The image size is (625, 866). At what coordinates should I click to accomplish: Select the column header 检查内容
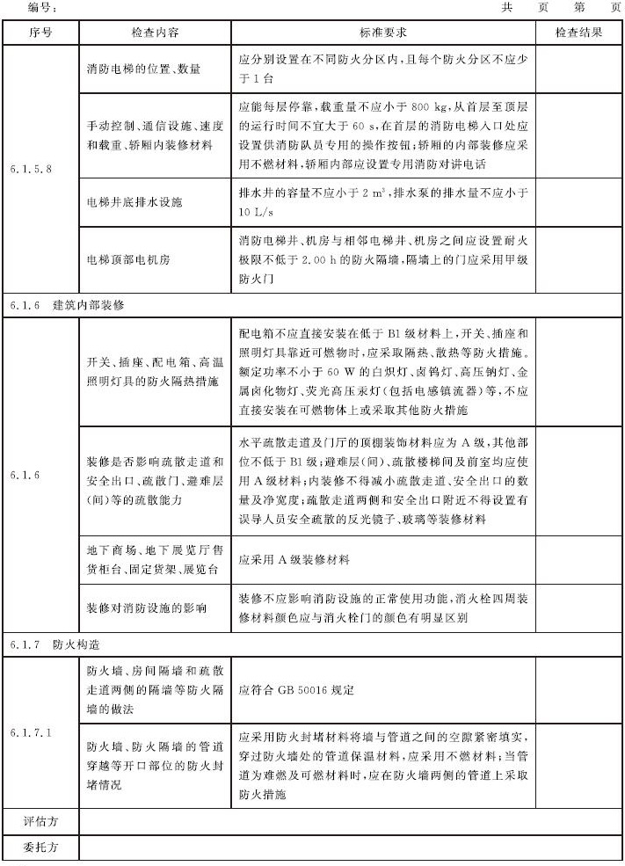tap(155, 33)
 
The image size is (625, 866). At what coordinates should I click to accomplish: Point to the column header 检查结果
tap(578, 33)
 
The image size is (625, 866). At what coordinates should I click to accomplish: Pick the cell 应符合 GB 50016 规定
tap(296, 690)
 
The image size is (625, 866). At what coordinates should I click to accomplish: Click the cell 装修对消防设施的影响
tap(147, 608)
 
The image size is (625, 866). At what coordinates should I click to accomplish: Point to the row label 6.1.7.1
tap(35, 732)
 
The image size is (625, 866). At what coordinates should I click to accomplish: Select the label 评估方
tap(40, 821)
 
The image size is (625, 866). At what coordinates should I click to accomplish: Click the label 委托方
tap(40, 849)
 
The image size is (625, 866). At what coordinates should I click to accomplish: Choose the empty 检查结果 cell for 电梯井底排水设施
tap(578, 202)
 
